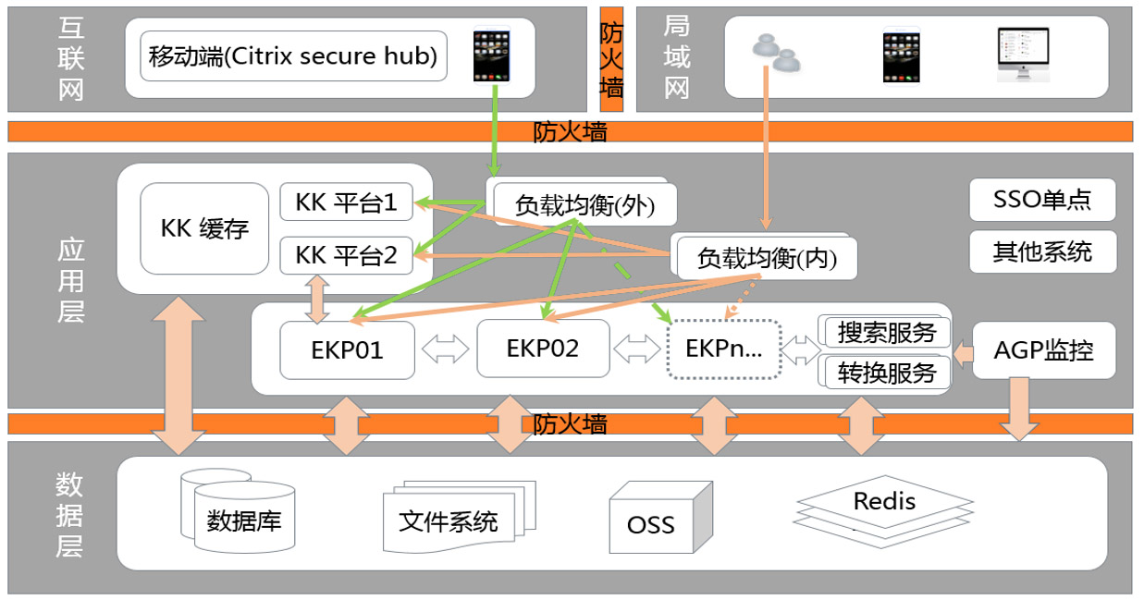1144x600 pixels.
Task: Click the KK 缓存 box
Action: tap(204, 228)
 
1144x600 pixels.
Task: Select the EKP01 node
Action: tap(347, 349)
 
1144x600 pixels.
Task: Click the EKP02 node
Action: tap(543, 349)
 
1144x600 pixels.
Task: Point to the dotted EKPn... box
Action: tap(724, 349)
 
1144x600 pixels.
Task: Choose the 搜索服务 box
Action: tap(887, 332)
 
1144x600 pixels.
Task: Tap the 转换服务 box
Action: tap(887, 372)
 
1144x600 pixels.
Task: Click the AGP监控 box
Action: tap(1044, 350)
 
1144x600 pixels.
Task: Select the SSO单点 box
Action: tap(1042, 200)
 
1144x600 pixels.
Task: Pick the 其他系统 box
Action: tap(1042, 251)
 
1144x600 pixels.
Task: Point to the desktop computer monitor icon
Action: tap(1024, 54)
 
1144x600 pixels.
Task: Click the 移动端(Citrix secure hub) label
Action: tap(293, 56)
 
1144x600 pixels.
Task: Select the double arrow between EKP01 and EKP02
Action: tap(445, 349)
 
